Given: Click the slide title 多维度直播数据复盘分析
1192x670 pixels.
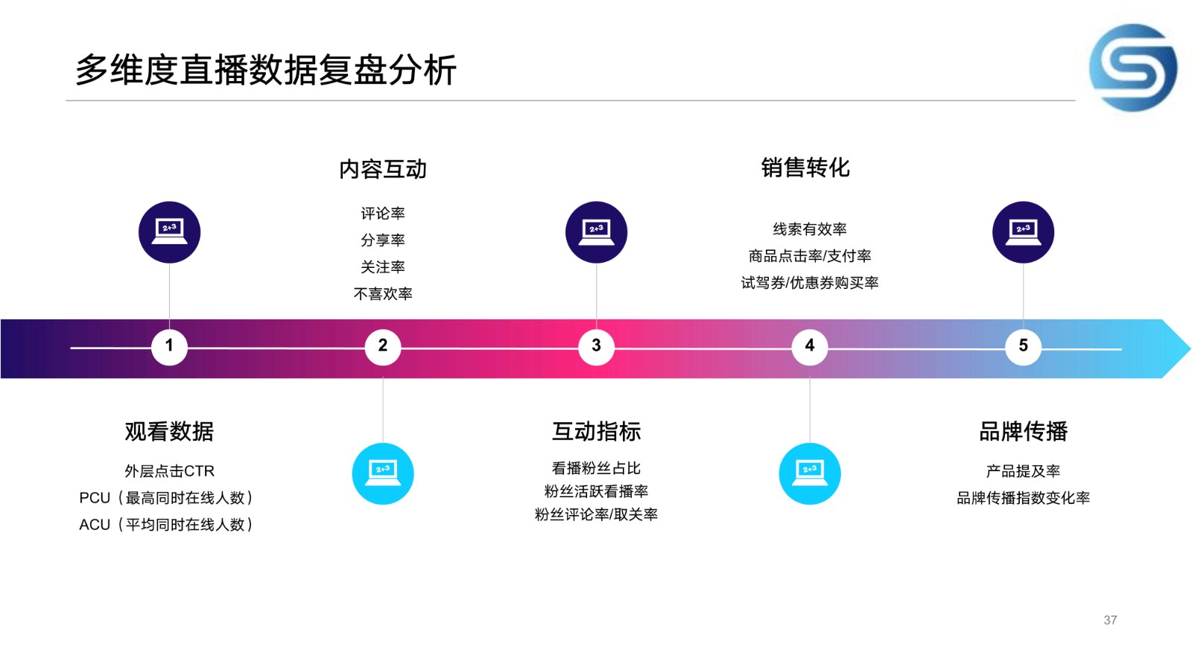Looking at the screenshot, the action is tap(266, 70).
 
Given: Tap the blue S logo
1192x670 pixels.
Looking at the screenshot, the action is tap(1133, 68).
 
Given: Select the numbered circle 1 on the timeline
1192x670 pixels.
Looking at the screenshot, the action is tap(169, 347).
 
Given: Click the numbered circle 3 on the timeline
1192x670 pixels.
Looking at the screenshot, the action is tap(596, 347).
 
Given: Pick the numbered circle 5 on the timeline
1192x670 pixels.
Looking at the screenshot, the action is tap(1023, 347).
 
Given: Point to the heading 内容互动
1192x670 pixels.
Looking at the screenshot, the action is tap(383, 169).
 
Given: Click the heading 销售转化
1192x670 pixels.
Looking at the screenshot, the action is tap(805, 167).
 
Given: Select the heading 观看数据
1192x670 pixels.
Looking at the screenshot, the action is tap(169, 431).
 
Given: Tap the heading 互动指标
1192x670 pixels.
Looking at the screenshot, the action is tap(596, 431).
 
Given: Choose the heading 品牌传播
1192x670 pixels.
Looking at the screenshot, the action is tap(1024, 431).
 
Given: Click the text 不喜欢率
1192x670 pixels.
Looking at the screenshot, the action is tap(383, 293).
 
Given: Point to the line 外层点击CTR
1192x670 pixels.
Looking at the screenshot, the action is tap(169, 470).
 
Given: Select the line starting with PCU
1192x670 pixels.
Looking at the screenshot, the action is tap(166, 498).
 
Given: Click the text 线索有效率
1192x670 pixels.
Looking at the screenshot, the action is tap(809, 229).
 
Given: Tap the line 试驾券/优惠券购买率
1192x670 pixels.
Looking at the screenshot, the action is tap(809, 282).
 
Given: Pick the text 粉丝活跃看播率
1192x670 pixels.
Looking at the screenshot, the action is tap(596, 491).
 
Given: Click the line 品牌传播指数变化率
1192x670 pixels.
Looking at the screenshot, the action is tap(1024, 498).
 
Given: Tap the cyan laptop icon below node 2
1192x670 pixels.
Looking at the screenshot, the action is tap(383, 473).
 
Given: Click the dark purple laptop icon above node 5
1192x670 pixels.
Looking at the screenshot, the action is tap(1023, 232).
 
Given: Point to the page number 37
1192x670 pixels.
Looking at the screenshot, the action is tap(1110, 620).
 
